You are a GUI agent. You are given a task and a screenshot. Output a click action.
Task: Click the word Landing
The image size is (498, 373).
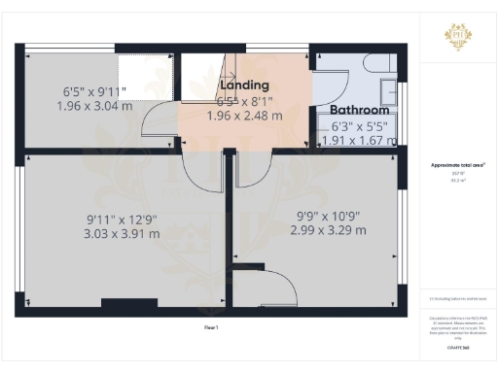coord(231,85)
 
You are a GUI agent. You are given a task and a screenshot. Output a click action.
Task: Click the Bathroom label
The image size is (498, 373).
coord(358,110)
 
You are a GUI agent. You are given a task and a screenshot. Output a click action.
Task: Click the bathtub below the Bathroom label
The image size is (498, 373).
coord(358,136)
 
